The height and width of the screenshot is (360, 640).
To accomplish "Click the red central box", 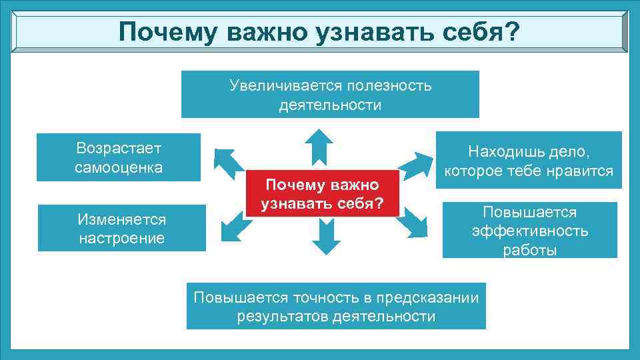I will click(x=323, y=193).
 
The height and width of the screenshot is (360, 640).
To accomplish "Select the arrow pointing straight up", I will click(x=319, y=146).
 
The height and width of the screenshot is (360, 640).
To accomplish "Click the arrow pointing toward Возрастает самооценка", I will click(x=229, y=162).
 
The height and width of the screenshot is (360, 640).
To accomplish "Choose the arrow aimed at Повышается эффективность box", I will click(x=415, y=221).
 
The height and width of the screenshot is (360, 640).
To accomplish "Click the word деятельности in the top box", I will click(x=330, y=105).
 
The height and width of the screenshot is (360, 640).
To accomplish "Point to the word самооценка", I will click(x=119, y=167).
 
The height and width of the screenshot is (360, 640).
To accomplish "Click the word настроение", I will click(x=121, y=238).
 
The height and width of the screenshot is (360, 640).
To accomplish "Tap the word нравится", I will click(x=581, y=171).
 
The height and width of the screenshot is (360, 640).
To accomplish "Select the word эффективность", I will click(x=530, y=231).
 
